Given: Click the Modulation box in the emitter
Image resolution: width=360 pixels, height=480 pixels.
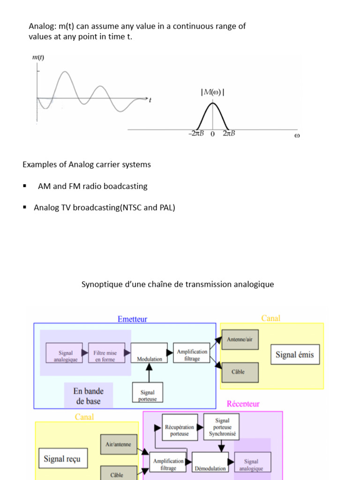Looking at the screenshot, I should click(x=149, y=352).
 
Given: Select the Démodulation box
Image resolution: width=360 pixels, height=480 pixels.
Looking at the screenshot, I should click(x=210, y=462).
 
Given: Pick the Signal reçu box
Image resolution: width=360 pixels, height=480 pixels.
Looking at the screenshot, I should click(x=62, y=458).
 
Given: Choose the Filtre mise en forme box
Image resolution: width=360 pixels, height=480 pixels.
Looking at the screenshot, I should click(x=105, y=353).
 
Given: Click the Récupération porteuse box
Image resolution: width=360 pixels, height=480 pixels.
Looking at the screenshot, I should click(x=180, y=427).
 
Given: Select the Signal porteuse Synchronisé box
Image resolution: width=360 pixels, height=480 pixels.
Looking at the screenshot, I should click(x=222, y=427).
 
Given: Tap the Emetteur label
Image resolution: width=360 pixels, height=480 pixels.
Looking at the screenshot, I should click(x=132, y=319).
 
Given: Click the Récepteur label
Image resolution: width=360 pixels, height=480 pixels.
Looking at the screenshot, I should click(x=243, y=404).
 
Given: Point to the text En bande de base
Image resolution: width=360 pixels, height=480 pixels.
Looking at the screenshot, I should click(x=88, y=396).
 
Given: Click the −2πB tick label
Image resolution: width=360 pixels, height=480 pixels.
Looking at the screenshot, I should click(x=196, y=134).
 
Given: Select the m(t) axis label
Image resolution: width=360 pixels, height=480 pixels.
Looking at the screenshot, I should click(x=38, y=58).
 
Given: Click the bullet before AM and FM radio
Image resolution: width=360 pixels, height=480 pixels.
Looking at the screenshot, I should click(x=24, y=187).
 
